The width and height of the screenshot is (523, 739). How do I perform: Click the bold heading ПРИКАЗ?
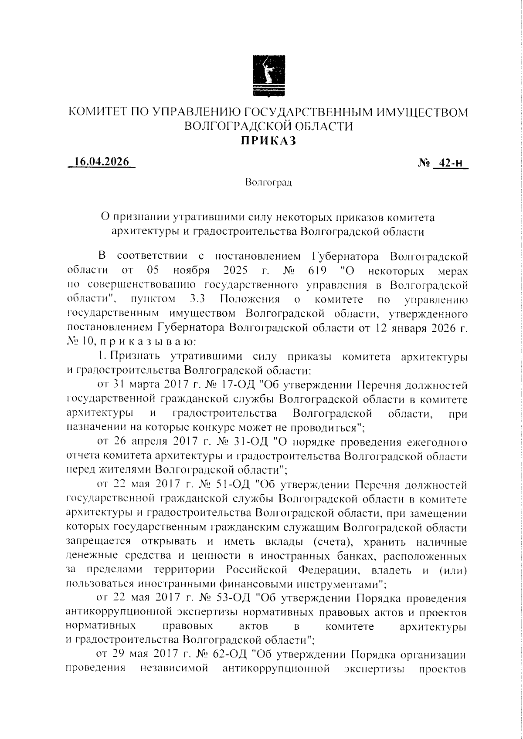(268, 140)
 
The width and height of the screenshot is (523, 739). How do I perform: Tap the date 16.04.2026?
(102, 161)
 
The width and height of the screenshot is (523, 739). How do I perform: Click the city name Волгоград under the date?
(268, 182)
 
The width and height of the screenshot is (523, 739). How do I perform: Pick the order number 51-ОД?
(232, 485)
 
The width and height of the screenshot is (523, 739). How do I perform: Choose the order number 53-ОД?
(233, 598)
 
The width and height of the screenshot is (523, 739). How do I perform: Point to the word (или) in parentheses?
(453, 570)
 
